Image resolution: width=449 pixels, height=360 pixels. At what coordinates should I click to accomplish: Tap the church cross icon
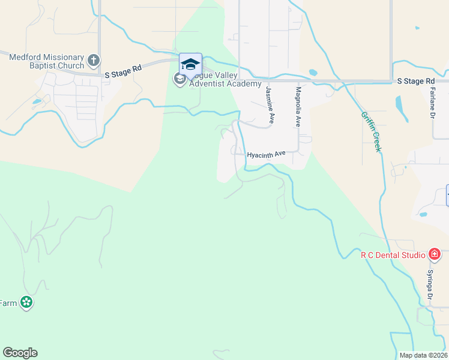coord(93,60)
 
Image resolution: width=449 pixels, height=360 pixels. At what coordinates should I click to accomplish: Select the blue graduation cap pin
coord(190,65)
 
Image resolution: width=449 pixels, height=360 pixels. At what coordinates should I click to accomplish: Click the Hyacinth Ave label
coord(267,154)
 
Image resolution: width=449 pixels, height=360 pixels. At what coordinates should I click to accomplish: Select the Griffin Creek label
coord(371,131)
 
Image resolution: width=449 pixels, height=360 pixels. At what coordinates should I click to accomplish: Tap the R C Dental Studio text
coord(392,255)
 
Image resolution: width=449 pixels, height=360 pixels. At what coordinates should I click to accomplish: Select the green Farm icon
coord(26,303)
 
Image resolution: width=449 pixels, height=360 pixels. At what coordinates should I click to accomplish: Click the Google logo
coord(20,353)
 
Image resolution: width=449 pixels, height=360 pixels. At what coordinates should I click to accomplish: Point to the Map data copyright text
coord(423,355)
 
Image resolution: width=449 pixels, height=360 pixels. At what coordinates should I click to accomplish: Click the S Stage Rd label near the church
coord(122,72)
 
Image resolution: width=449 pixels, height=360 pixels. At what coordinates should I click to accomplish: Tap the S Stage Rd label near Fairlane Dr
coord(416,80)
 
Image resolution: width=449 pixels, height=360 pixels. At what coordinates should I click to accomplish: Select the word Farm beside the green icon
coord(8,303)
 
